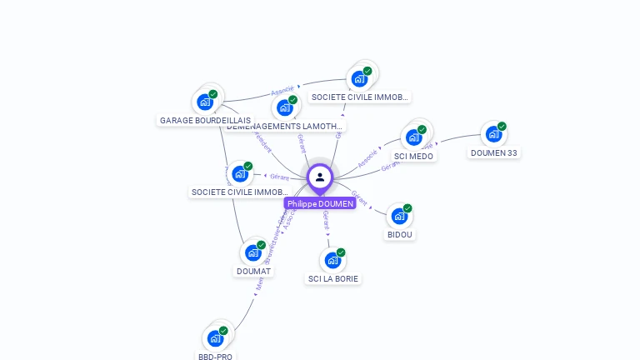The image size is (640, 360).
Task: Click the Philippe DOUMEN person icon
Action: pos(320,177)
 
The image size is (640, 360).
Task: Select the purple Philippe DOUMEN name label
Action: pos(320,203)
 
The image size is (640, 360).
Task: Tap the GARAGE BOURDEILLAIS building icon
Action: pos(205,102)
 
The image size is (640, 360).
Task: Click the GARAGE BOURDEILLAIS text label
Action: pos(205,121)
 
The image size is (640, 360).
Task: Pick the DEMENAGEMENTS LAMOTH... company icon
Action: pos(285,107)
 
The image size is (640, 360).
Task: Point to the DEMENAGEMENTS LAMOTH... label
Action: pos(285,127)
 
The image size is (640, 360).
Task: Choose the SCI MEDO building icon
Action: pos(414,137)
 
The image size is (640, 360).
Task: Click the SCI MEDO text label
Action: pos(413,156)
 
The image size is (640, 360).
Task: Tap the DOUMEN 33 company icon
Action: pos(493,134)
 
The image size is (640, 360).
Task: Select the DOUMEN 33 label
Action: pos(493,152)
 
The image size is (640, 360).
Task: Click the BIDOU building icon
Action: pos(399,216)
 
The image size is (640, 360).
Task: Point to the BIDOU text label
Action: pos(400,235)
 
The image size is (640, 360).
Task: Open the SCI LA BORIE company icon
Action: pos(332,260)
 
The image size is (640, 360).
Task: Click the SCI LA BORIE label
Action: pos(333,279)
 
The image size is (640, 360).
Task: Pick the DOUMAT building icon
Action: pos(253,252)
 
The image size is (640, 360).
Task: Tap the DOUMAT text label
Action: pos(253,271)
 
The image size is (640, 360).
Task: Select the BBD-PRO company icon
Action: pos(216,338)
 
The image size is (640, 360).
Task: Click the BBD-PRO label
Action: pos(216,357)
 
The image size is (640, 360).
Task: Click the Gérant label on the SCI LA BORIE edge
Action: pos(327,220)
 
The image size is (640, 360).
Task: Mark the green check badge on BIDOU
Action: pos(407,208)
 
